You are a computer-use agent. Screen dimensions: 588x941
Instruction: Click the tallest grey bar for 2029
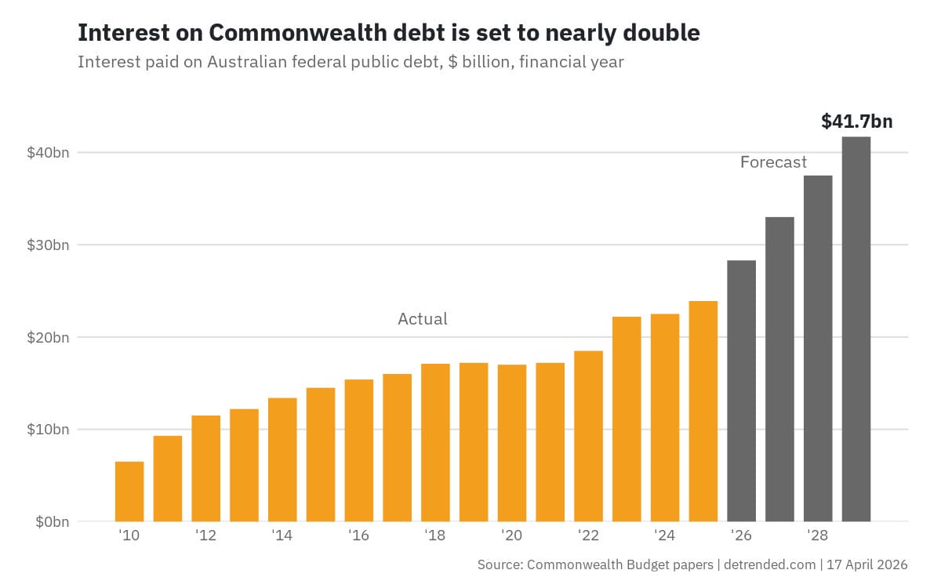[x=856, y=329]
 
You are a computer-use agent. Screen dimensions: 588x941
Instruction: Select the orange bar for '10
[x=129, y=492]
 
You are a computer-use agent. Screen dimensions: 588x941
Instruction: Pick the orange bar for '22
[x=588, y=436]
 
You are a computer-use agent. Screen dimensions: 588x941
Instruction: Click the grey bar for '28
[x=818, y=348]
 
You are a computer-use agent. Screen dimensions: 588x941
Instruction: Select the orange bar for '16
[x=359, y=450]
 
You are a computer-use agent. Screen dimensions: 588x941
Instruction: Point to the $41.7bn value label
[x=856, y=122]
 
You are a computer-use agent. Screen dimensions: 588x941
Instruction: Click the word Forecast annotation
[x=773, y=162]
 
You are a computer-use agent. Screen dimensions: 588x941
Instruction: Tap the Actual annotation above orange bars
[x=423, y=319]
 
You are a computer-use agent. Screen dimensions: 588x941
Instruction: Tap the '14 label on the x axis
[x=282, y=536]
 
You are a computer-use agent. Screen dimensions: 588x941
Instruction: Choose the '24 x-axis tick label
[x=664, y=536]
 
